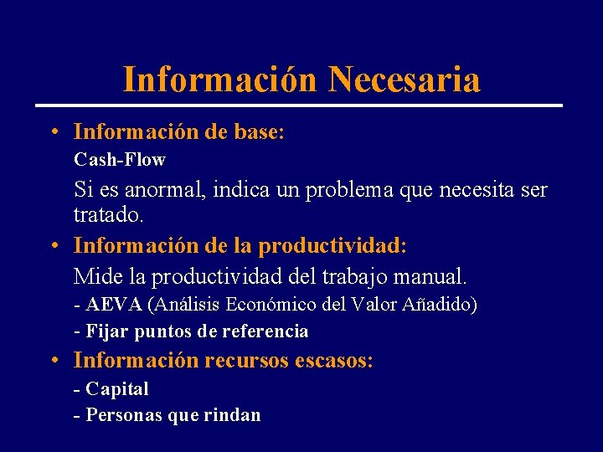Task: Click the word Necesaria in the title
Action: [405, 80]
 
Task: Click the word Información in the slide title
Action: [220, 80]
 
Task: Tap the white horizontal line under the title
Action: [298, 105]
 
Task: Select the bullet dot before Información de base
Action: [53, 132]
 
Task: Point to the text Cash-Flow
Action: [120, 159]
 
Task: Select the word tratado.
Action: [109, 215]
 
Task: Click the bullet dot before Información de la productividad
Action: [53, 247]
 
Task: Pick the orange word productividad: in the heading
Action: [332, 247]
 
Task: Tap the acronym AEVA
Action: [114, 304]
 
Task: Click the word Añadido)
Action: [439, 304]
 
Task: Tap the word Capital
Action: [117, 389]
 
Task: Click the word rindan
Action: [232, 415]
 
